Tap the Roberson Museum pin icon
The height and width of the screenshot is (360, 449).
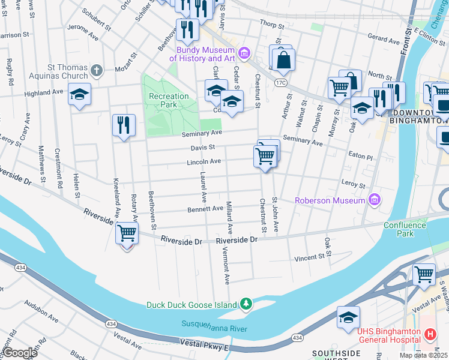(x=375, y=199)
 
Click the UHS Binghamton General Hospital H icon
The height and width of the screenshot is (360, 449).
(x=430, y=334)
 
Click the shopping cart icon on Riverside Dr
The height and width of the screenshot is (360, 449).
(x=127, y=233)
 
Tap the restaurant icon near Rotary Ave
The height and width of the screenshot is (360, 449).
(x=124, y=125)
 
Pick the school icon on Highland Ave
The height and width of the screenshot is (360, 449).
(x=79, y=95)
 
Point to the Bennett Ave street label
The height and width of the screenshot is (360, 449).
(x=205, y=209)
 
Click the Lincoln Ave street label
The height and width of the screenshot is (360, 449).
(x=203, y=161)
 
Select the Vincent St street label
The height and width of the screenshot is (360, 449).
(x=313, y=258)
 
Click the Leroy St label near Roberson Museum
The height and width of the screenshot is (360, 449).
(x=354, y=185)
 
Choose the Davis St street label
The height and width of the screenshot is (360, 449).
(x=203, y=146)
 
